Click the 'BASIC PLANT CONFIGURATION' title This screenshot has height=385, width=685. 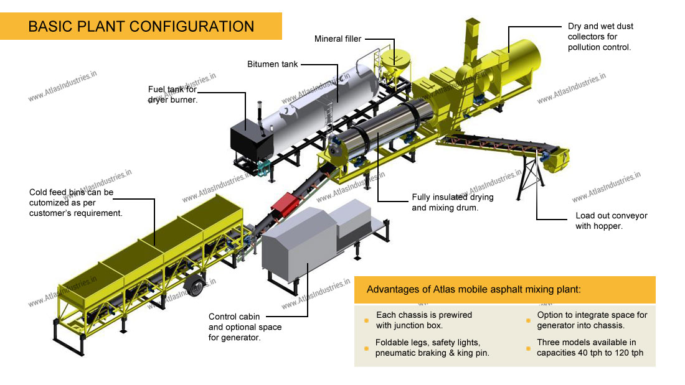141,26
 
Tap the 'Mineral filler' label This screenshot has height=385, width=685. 338,39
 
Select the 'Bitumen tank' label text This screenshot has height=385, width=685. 273,64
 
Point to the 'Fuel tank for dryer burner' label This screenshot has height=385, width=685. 172,94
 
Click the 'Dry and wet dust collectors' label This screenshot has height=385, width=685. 600,37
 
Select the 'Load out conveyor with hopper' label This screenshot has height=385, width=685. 612,221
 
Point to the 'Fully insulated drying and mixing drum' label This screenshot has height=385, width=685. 453,202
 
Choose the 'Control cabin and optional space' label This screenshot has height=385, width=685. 245,327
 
